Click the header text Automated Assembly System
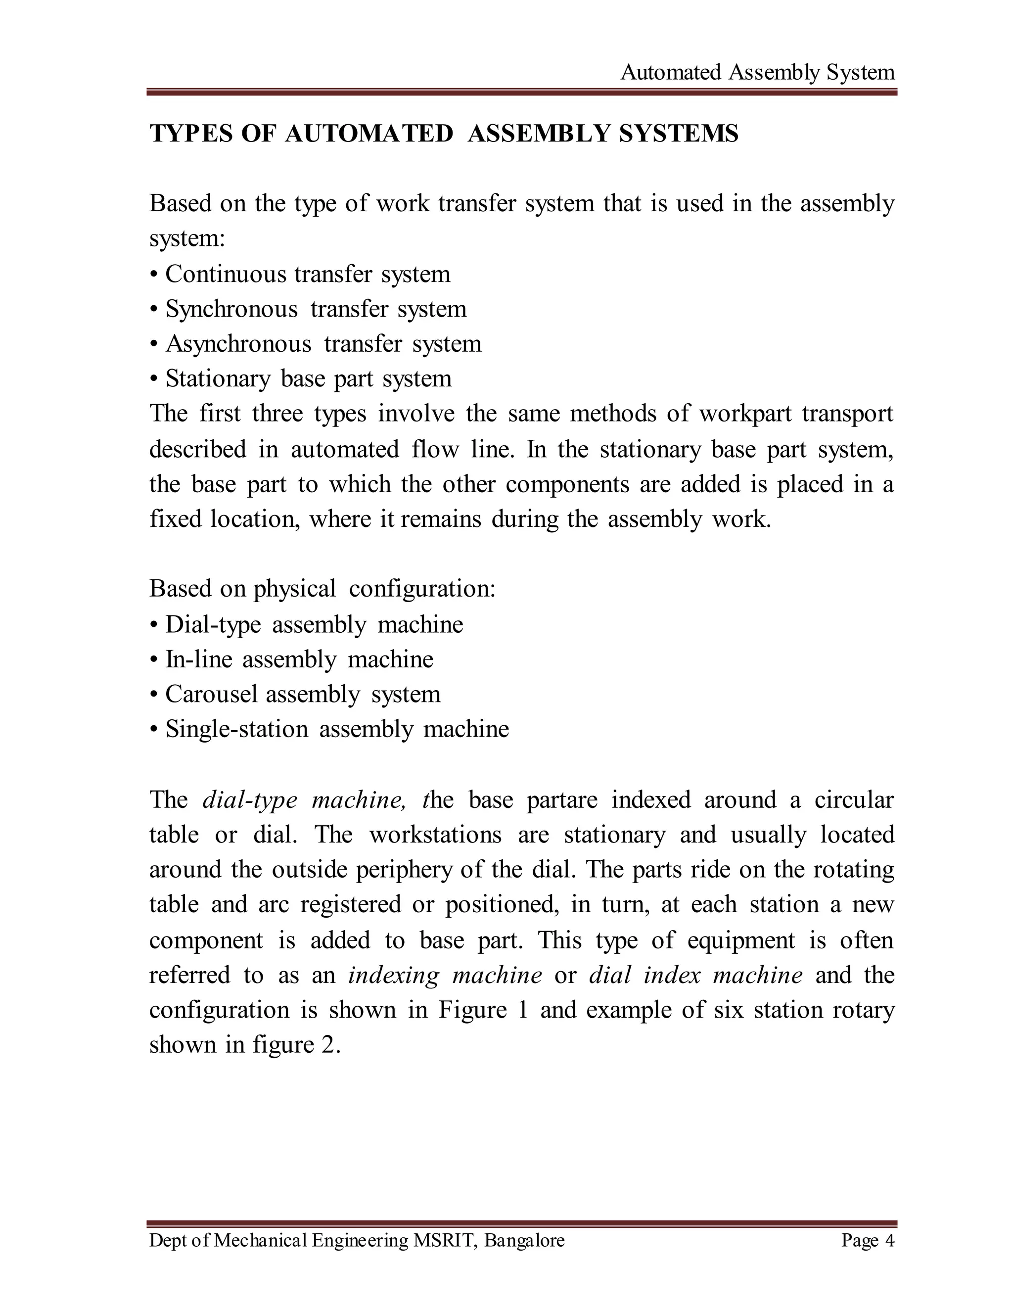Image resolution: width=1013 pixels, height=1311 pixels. pyautogui.click(x=757, y=73)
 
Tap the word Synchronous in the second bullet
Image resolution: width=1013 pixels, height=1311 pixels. pyautogui.click(x=231, y=309)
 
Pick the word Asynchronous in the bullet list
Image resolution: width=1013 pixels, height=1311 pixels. pyautogui.click(x=238, y=344)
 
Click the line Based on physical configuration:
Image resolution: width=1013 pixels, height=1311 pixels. pyautogui.click(x=322, y=589)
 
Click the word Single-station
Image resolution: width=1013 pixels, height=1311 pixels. pyautogui.click(x=237, y=729)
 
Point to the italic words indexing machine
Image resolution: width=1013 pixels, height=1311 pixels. pyautogui.click(x=445, y=976)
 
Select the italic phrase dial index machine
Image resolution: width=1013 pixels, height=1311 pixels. pyautogui.click(x=695, y=976)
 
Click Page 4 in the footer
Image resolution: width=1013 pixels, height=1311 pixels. pyautogui.click(x=867, y=1240)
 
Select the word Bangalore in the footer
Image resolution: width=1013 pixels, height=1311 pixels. pyautogui.click(x=524, y=1240)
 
